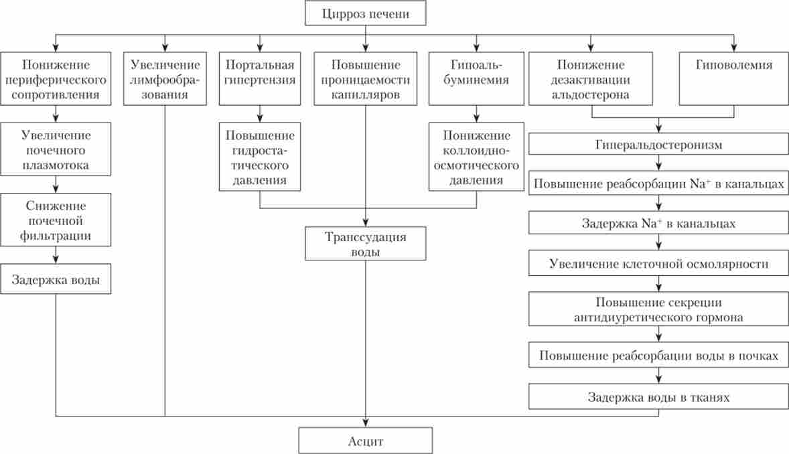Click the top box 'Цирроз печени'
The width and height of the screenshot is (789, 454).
[365, 13]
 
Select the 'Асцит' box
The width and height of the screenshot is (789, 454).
[365, 441]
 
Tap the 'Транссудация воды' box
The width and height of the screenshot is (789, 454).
[365, 244]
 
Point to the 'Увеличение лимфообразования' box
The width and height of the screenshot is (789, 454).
[165, 79]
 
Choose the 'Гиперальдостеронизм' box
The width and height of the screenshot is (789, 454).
[659, 144]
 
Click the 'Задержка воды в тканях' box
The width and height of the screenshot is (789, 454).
[659, 397]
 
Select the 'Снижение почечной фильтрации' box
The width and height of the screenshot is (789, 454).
[56, 220]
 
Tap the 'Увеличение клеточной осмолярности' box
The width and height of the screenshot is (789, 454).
[659, 263]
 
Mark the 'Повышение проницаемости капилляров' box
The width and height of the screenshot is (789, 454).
[365, 79]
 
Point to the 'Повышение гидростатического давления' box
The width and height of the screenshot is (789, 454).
[260, 156]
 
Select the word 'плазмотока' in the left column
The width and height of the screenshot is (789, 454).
[56, 165]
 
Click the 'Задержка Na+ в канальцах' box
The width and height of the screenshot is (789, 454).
[659, 223]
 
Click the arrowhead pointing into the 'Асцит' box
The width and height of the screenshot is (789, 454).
[365, 423]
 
